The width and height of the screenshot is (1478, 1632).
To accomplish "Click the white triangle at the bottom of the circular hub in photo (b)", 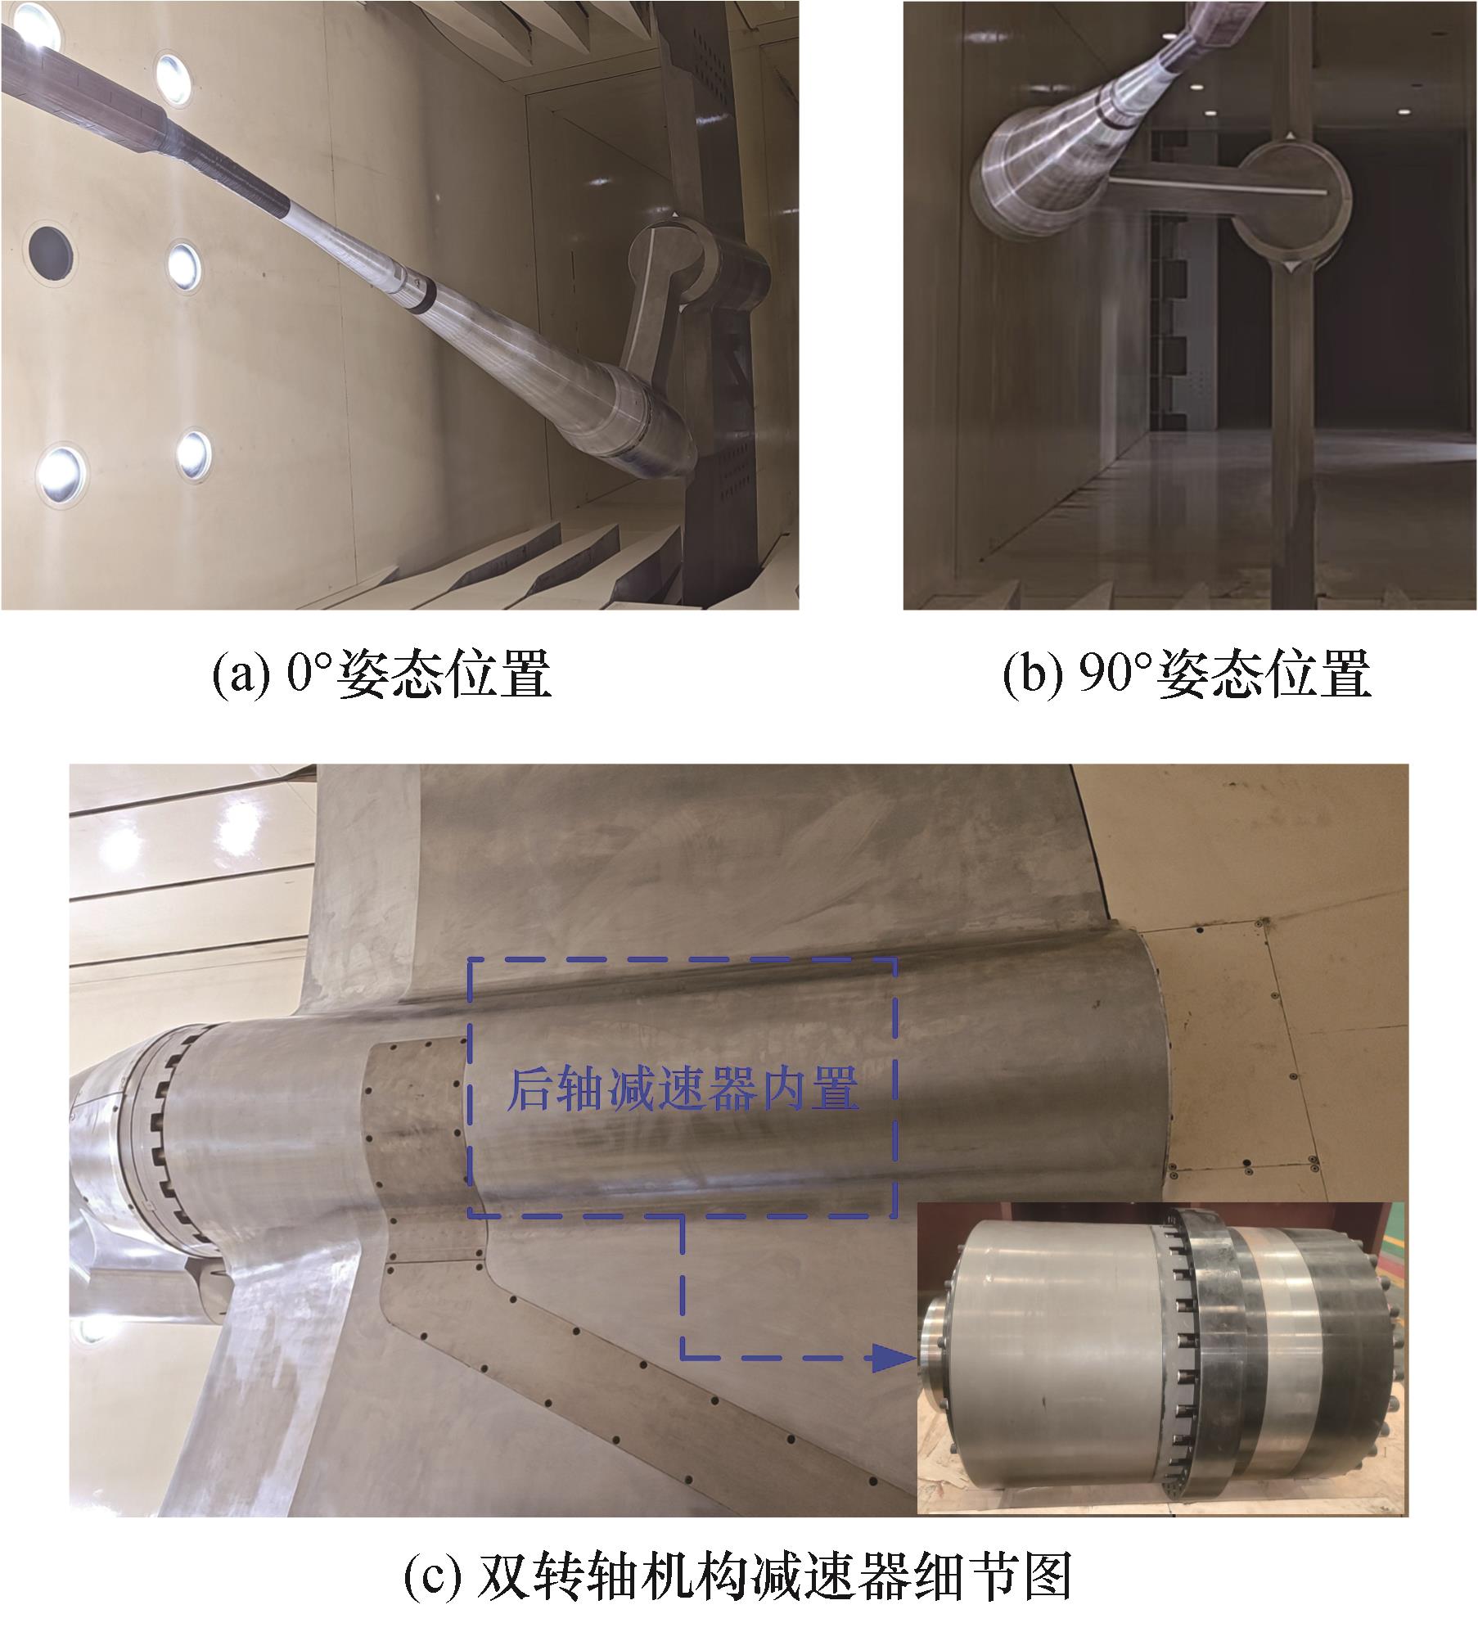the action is coord(1289,267).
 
